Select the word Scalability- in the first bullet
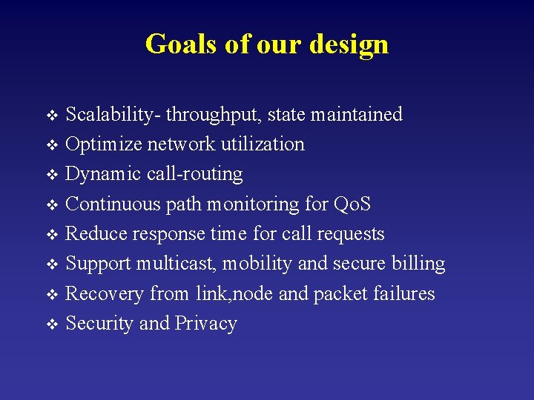coord(113,115)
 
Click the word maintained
coord(356,115)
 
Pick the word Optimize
coord(104,144)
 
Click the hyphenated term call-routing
coord(195,175)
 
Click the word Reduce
coord(96,234)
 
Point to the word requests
coord(351,235)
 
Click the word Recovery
coord(105,294)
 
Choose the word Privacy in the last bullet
coord(205,324)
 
